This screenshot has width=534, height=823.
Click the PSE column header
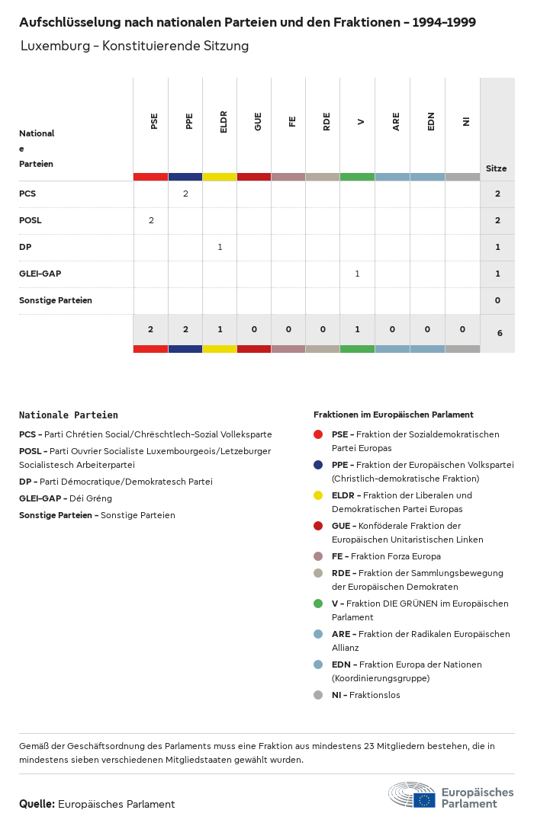coord(154,121)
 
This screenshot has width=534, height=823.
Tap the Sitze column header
coord(497,168)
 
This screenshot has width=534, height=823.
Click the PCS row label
coord(27,194)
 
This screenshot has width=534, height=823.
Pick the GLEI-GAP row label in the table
coord(40,274)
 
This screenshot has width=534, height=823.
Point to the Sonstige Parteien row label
coord(56,300)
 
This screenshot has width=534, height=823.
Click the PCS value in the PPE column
coord(185,194)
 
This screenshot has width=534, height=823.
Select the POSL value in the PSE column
coord(151,220)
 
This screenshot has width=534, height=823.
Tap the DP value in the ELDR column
coord(220,247)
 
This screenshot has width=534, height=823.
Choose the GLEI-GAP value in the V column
coord(357,274)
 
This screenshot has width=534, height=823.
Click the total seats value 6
coord(500,333)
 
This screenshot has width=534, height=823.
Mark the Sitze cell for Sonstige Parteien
coord(497,300)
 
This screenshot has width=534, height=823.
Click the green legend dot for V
coord(318,604)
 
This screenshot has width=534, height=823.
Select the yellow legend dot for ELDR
coord(318,495)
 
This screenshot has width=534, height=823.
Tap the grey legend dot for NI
coord(318,695)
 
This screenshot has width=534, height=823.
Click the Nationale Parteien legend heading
coord(69,415)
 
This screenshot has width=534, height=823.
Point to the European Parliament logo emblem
coord(413,796)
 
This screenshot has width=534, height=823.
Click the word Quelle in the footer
coord(37,804)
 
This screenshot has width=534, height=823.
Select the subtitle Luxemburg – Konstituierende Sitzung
coord(135,46)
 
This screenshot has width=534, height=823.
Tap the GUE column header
coord(258,121)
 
